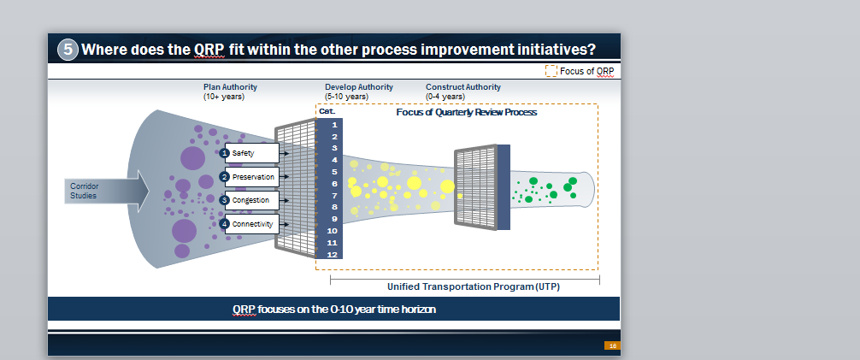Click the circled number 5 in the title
pos(68,50)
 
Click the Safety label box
pos(251,153)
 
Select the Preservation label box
pos(251,177)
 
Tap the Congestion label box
pos(251,200)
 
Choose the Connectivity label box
pos(251,224)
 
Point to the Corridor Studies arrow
pos(107,191)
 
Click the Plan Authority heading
pos(230,86)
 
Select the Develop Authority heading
pos(359,86)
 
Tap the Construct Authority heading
pos(462,86)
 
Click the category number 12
pos(333,255)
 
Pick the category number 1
pos(334,125)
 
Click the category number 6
pos(334,184)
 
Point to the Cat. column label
pos(327,111)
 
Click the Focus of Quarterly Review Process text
pos(466,112)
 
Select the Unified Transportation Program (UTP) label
pos(474,286)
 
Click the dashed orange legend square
pos(551,71)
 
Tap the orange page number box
pos(612,345)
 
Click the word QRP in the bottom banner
pos(244,309)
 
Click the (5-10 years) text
pos(346,97)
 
